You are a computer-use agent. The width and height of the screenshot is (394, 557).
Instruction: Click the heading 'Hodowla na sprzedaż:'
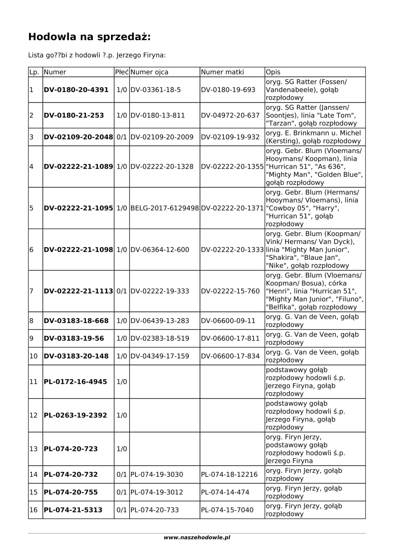[89, 37]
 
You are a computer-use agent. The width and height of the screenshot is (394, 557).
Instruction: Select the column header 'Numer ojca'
[149, 72]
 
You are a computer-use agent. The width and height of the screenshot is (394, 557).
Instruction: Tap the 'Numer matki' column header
[222, 72]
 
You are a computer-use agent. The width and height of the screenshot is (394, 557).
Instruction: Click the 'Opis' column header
[273, 72]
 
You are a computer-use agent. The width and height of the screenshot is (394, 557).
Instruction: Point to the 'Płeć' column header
[122, 72]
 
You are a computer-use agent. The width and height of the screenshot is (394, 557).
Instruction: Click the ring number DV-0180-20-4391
[76, 90]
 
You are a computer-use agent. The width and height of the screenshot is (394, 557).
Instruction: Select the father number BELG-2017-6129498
[164, 208]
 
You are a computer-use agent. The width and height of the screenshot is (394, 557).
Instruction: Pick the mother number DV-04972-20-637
[230, 116]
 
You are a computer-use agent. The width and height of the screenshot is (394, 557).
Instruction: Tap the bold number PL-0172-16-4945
[76, 382]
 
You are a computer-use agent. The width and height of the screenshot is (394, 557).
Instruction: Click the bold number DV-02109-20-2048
[78, 137]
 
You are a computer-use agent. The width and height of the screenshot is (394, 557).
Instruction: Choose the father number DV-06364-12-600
[160, 250]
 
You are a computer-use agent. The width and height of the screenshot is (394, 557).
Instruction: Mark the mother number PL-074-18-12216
[229, 475]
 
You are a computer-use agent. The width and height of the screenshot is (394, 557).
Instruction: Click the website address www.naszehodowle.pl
[197, 538]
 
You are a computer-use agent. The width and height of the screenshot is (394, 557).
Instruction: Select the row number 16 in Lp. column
[34, 510]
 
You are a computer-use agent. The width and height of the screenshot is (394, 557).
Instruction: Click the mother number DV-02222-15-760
[230, 291]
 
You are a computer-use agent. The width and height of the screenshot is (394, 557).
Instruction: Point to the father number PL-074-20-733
[155, 510]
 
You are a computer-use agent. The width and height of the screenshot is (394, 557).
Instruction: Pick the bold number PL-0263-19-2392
[76, 416]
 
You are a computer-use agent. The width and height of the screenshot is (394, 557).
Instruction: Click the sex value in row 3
[122, 137]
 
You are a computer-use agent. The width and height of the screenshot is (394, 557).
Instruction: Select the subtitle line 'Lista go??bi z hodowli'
[97, 55]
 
